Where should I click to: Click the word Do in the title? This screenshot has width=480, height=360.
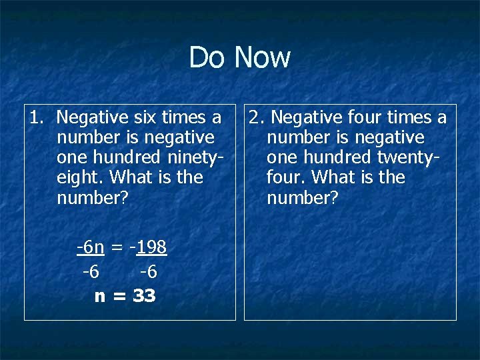[207, 57]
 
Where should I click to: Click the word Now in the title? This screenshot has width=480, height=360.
[263, 57]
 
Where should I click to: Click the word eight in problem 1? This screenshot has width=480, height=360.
[81, 178]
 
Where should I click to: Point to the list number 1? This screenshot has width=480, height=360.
[35, 118]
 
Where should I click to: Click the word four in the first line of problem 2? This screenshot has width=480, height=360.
[366, 118]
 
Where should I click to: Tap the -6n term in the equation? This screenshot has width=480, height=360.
[91, 248]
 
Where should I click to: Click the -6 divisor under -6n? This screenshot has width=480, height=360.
[91, 272]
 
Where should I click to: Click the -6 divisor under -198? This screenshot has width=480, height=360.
[149, 272]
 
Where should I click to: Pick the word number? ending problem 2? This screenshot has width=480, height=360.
[303, 198]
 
